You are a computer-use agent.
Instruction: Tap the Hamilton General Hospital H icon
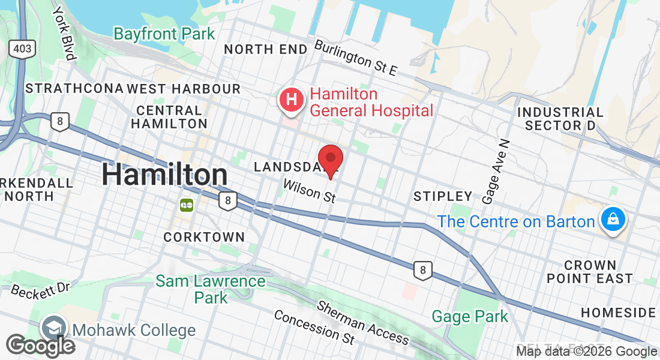pyautogui.click(x=292, y=100)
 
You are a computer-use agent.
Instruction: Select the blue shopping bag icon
pyautogui.click(x=613, y=220)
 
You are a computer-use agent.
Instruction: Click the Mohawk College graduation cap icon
pyautogui.click(x=53, y=329)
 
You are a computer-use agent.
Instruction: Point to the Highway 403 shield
pyautogui.click(x=22, y=49)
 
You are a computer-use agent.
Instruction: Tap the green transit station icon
pyautogui.click(x=186, y=205)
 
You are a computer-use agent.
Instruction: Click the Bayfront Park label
pyautogui.click(x=164, y=34)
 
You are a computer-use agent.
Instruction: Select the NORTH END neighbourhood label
pyautogui.click(x=266, y=49)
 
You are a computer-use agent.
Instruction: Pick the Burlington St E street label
pyautogui.click(x=356, y=58)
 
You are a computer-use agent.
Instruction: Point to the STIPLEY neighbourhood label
pyautogui.click(x=443, y=196)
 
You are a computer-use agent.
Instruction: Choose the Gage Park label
pyautogui.click(x=470, y=316)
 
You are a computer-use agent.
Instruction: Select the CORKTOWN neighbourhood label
pyautogui.click(x=204, y=237)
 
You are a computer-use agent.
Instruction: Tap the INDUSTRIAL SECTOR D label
pyautogui.click(x=560, y=119)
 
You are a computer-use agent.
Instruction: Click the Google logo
pyautogui.click(x=40, y=345)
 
